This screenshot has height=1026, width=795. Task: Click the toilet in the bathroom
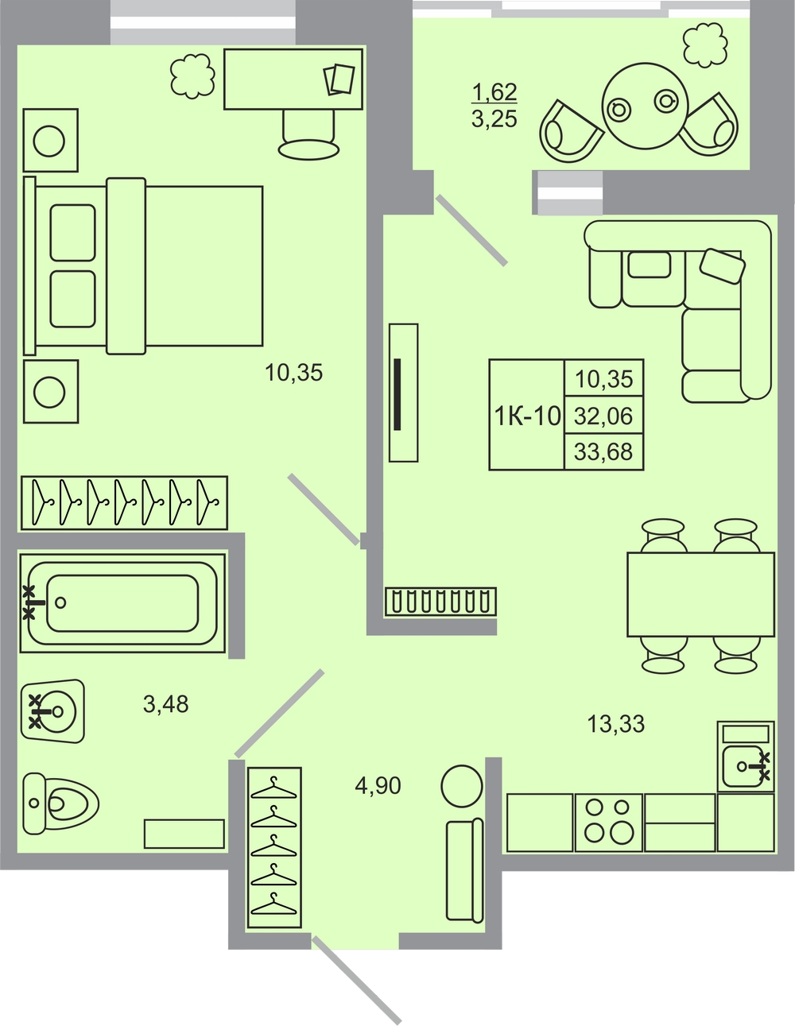point(60,803)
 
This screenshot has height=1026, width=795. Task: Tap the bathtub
point(122,603)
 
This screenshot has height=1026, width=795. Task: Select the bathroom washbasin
point(53,710)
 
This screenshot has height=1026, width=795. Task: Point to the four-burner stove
point(608,823)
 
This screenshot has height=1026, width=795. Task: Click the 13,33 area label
point(615,724)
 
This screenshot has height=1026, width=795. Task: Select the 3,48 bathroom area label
point(165,704)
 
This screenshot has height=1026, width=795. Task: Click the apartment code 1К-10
point(527,416)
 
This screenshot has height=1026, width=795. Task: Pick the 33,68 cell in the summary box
point(603,452)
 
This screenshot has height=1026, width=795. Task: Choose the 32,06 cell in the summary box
point(603,416)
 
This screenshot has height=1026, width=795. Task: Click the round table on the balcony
point(645,106)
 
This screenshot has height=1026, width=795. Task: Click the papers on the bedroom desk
point(339,79)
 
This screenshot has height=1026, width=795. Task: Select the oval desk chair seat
point(308,150)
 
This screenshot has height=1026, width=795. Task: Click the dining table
point(700,594)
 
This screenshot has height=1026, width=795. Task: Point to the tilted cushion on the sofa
point(723,266)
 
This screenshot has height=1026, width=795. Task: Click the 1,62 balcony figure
point(494,92)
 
